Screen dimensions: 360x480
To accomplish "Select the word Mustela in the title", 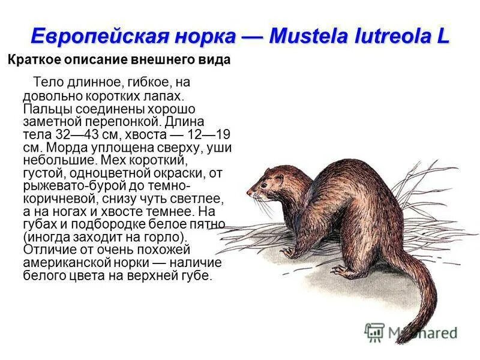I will click(310, 35).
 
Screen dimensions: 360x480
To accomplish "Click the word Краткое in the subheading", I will click(31, 61).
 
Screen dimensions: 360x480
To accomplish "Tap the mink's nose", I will click(249, 193).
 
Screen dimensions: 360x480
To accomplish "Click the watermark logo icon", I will click(374, 332).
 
